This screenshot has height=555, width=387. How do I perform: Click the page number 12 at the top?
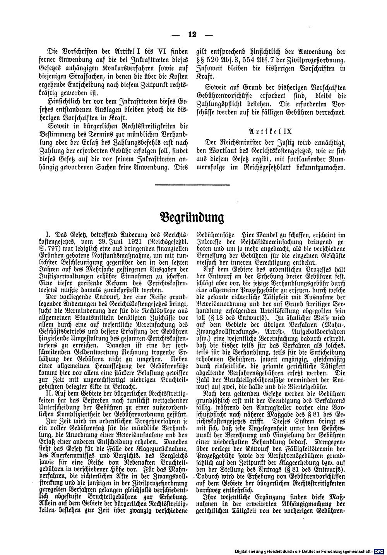[192, 34]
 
